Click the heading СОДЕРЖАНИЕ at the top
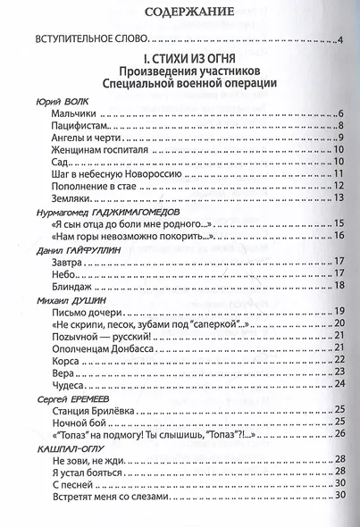coord(175,12)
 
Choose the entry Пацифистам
coord(82,130)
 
